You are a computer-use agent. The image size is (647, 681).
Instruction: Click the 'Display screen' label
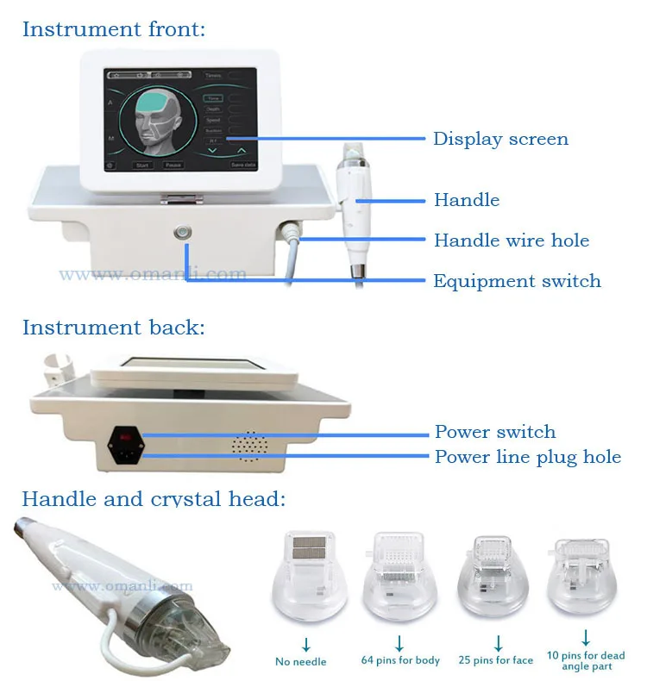(500, 139)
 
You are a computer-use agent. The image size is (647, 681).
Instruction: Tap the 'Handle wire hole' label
(512, 241)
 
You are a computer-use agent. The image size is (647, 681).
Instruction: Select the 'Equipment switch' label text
(517, 281)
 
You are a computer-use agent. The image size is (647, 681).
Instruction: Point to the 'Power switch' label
(495, 432)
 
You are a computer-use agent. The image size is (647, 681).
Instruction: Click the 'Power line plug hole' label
(528, 457)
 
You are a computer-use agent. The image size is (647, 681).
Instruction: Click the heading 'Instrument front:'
(114, 28)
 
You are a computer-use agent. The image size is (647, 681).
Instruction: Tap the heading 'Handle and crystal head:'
(154, 498)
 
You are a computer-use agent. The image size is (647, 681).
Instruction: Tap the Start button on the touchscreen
(142, 164)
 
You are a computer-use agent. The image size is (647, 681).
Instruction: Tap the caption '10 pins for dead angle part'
(587, 661)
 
